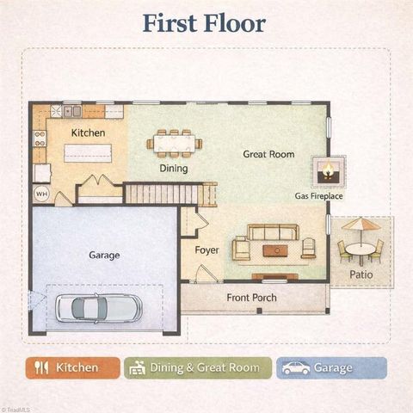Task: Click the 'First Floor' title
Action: [205, 23]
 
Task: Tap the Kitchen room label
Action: [88, 133]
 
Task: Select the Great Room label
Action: [268, 155]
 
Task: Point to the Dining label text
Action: [173, 169]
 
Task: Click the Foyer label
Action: [206, 250]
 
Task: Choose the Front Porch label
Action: [251, 298]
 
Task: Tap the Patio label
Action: [361, 275]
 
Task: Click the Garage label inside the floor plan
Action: [104, 255]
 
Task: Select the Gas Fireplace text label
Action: [319, 196]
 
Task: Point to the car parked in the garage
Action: [98, 306]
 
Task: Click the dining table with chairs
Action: [173, 143]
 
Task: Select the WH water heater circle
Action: [41, 194]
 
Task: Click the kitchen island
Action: [88, 153]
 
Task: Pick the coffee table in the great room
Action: [275, 250]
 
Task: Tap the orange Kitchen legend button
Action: [73, 368]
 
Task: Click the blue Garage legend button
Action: [330, 368]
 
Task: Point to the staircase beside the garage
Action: [163, 194]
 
